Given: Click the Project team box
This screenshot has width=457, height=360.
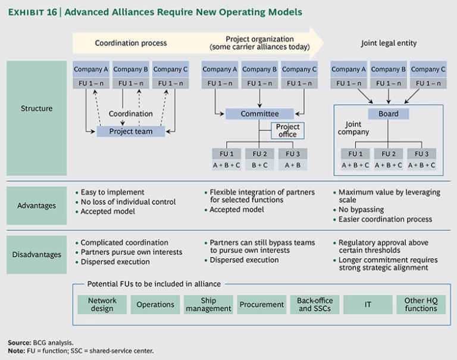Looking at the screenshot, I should (x=131, y=132).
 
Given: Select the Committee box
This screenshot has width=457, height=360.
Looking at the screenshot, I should (x=259, y=114).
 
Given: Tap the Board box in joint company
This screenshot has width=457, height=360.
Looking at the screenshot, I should (x=389, y=114).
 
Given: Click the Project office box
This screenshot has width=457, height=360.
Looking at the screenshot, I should (x=288, y=130).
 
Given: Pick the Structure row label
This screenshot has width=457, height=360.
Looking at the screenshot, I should (x=36, y=108).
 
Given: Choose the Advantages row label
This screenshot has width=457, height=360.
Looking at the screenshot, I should (x=36, y=205).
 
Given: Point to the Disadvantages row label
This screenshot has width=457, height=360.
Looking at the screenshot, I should (x=36, y=255).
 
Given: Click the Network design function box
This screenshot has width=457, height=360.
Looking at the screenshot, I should (x=102, y=305).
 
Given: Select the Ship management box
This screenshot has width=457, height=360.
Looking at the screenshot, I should (x=208, y=305).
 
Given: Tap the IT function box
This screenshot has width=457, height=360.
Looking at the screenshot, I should (x=368, y=305).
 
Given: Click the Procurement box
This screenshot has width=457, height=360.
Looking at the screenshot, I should (x=261, y=305).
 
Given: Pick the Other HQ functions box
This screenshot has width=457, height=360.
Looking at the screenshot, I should (x=421, y=305).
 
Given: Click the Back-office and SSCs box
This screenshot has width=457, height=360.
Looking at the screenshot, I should (x=315, y=305).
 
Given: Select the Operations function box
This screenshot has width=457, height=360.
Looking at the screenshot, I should (x=155, y=305).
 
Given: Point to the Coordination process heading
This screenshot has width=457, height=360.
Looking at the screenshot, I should (x=131, y=43).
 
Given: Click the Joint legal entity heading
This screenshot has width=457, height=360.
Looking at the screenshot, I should (x=389, y=43).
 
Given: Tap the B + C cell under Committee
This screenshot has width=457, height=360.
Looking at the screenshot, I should (x=259, y=165).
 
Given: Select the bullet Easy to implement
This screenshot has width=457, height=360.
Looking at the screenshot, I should (x=112, y=192).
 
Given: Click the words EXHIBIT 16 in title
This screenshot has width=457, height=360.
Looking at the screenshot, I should (x=33, y=12).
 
